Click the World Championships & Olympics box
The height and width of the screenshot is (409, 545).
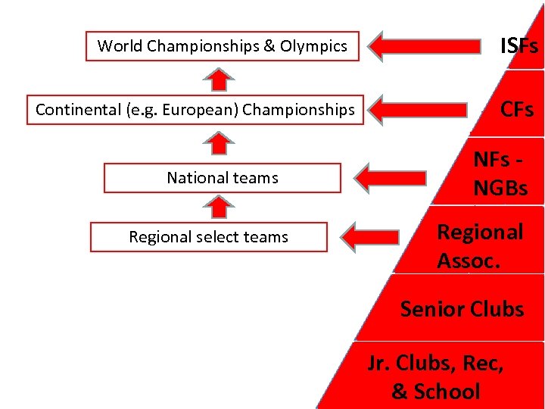tap(223, 46)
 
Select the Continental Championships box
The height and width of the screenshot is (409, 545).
tap(195, 110)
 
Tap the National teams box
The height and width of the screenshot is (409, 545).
tap(223, 178)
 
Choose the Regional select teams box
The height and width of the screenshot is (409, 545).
tap(209, 237)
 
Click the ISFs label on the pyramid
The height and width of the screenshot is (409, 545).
tap(519, 46)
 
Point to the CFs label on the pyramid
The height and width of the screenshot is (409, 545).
tap(517, 110)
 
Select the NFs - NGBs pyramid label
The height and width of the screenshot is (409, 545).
tap(500, 173)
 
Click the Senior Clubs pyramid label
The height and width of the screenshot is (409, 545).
tap(462, 309)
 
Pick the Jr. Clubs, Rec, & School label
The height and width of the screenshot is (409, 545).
tap(436, 377)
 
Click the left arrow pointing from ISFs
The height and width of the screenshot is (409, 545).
tap(428, 46)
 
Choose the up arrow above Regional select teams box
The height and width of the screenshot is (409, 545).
tap(219, 207)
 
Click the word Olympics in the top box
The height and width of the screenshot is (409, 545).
tap(313, 46)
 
